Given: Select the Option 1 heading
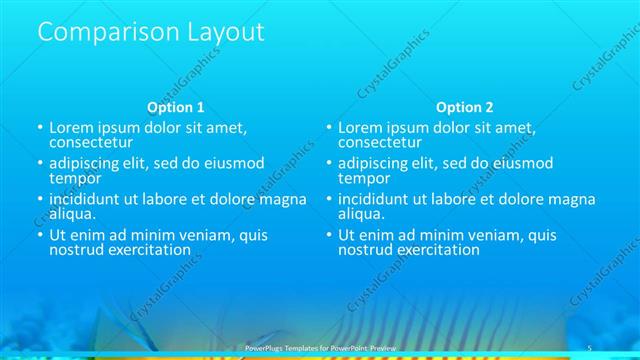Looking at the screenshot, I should [175, 107].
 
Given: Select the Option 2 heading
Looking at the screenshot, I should [464, 107].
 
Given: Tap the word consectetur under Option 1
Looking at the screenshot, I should [91, 142].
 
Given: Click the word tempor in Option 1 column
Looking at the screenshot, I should [75, 178].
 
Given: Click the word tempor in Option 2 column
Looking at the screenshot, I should [364, 178].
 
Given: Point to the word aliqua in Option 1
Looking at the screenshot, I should [71, 213].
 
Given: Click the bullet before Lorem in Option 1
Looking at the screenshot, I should [40, 129].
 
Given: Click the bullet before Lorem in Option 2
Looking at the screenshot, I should [329, 129].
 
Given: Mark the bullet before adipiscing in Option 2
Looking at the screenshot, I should [329, 164].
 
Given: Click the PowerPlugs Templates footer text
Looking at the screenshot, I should [320, 347].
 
